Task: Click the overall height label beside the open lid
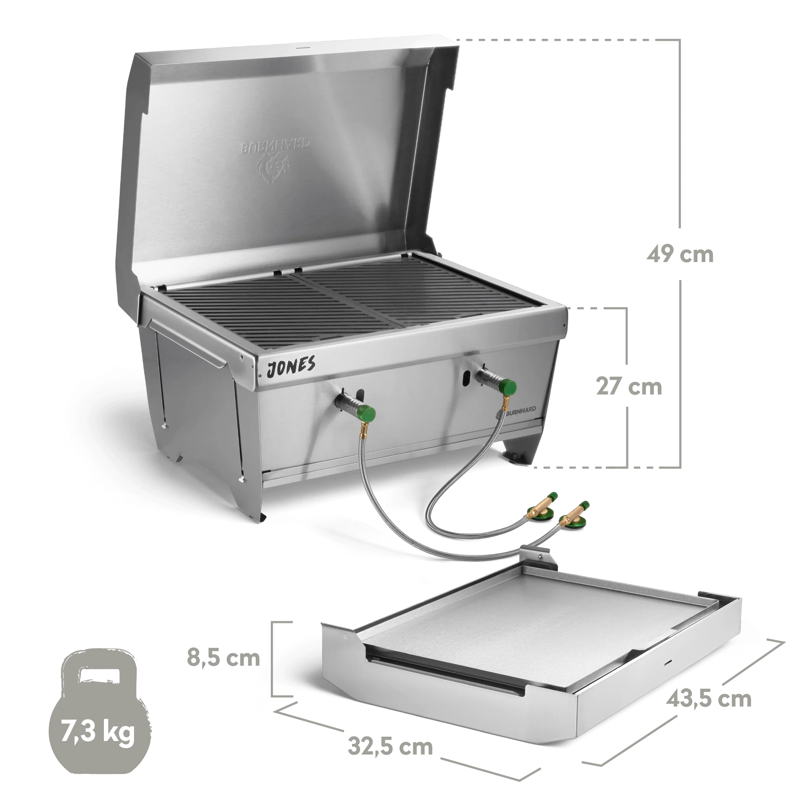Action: (679, 255)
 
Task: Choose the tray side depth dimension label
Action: (707, 700)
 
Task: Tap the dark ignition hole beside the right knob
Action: (466, 378)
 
